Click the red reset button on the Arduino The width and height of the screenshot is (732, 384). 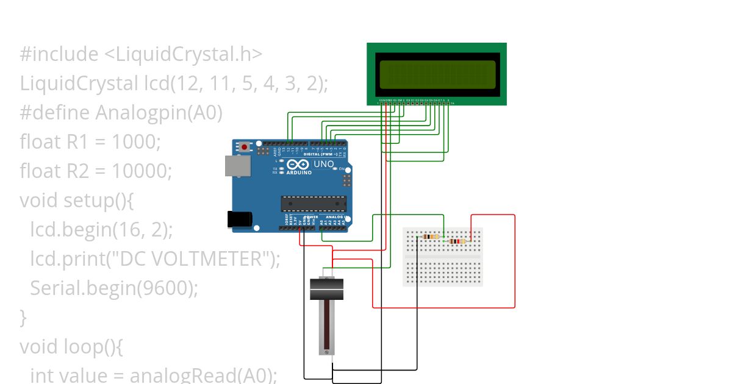245,147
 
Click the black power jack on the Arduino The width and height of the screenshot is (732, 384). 239,219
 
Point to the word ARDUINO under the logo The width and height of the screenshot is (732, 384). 299,172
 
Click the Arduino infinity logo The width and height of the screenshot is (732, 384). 299,165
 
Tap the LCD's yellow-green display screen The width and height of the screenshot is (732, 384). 437,74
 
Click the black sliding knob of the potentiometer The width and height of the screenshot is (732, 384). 326,289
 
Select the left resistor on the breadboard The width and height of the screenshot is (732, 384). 431,236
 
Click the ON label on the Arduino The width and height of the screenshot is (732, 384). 342,169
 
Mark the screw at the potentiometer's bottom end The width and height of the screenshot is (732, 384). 327,352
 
